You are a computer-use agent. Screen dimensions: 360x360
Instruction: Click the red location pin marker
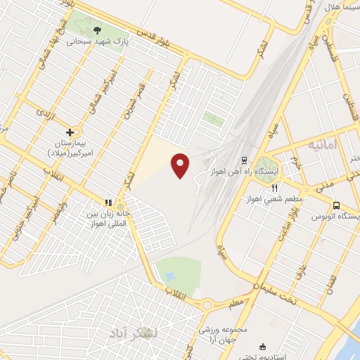[181, 165]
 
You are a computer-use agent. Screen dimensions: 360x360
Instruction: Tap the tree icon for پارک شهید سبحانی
[97, 30]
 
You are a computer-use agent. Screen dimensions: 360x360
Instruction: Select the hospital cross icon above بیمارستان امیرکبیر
[70, 131]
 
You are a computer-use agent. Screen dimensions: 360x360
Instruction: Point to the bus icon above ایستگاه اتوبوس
[336, 205]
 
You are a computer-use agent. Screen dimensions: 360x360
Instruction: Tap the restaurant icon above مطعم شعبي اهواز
[275, 187]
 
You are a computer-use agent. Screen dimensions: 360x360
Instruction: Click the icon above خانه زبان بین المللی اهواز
[108, 202]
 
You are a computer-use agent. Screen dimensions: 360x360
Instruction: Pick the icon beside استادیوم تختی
[262, 347]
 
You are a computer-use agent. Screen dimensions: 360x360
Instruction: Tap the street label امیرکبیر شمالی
[101, 93]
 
